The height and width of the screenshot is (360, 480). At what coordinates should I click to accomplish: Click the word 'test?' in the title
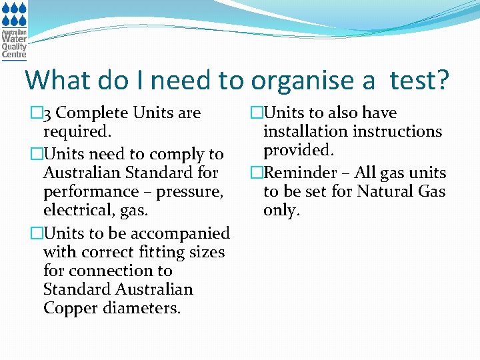click(419, 80)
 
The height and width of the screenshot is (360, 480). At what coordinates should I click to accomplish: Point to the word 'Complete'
click(93, 113)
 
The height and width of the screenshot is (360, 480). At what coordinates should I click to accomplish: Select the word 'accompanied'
click(181, 233)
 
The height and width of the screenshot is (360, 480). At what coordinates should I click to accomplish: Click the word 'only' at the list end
click(281, 211)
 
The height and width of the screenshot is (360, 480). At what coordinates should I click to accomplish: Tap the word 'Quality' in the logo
click(14, 47)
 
